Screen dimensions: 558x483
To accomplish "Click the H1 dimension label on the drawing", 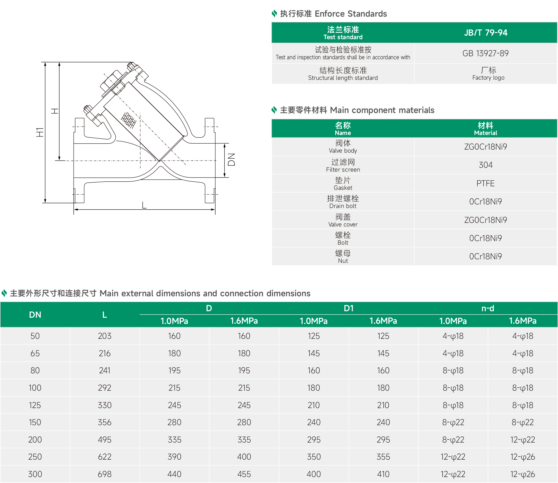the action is pyautogui.click(x=40, y=132).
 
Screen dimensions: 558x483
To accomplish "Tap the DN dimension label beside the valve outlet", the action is pyautogui.click(x=231, y=159).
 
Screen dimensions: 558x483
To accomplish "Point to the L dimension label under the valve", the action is pyautogui.click(x=144, y=205).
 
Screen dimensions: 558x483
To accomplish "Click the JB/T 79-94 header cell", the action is pyautogui.click(x=486, y=33).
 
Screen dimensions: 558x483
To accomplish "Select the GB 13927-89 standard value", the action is pyautogui.click(x=486, y=53).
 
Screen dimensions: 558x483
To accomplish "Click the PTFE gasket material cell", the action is pyautogui.click(x=486, y=183).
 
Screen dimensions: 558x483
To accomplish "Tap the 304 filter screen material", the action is pyautogui.click(x=486, y=165).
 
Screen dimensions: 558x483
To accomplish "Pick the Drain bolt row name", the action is pyautogui.click(x=343, y=202).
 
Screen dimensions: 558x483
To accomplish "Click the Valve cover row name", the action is pyautogui.click(x=343, y=220).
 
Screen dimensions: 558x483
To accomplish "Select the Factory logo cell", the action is pyautogui.click(x=488, y=74).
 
